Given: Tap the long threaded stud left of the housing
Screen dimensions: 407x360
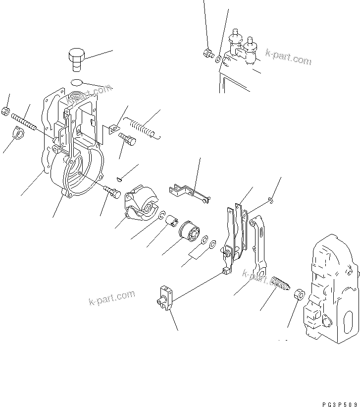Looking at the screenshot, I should point(23,122).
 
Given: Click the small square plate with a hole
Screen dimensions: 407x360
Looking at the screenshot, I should point(113,128).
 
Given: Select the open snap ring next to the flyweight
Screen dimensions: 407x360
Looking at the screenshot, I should point(162,215).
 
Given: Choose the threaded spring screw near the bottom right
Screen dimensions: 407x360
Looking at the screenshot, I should point(281,284).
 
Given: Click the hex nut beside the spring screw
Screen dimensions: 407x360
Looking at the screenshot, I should point(299,293).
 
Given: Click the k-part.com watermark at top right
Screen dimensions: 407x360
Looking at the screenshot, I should point(288,58).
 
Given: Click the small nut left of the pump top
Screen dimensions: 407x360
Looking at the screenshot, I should point(208,53).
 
